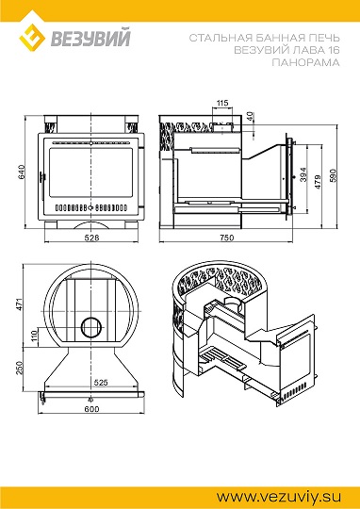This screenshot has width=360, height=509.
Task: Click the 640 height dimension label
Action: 21,172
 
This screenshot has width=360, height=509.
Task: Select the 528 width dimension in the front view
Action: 91,238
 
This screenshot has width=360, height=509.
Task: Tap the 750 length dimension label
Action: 226,238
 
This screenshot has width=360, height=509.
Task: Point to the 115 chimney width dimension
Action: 222,104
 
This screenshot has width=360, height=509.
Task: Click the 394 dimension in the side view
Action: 303,174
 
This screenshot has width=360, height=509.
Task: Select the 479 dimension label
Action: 318,182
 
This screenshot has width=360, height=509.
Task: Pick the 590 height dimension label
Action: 334,175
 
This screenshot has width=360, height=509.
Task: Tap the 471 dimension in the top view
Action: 20,304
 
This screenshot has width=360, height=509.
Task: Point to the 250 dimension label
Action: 20,368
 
